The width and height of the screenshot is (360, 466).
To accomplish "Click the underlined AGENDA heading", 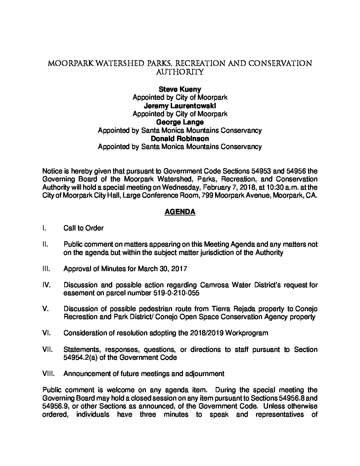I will tap(180, 212).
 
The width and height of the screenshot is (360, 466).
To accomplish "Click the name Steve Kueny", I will tap(180, 89).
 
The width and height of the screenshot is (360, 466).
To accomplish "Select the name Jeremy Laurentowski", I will tap(180, 106).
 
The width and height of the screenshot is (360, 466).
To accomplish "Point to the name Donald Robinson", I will tap(180, 139).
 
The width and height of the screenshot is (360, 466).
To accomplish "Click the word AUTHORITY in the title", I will tap(180, 72).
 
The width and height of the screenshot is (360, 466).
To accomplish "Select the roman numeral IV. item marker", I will tap(47, 285).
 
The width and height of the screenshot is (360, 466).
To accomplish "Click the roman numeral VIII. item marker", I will tap(48, 374).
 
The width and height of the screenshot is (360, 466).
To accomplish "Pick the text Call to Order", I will tap(83, 228).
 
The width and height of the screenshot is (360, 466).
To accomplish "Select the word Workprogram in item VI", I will tap(247, 333).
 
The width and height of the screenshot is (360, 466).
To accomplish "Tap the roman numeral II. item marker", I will tap(46, 244).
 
